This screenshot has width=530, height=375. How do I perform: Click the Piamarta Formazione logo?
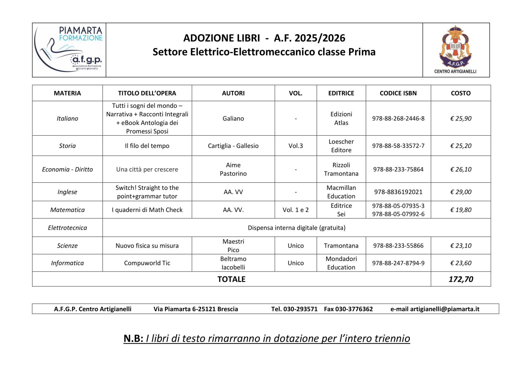pyautogui.click(x=69, y=50)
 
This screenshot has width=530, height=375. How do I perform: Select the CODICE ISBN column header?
pyautogui.click(x=398, y=93)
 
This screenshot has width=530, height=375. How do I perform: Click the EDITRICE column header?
pyautogui.click(x=341, y=93)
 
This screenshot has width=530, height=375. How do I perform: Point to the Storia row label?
pyautogui.click(x=67, y=146)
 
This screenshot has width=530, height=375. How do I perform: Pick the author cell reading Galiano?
pyautogui.click(x=233, y=118)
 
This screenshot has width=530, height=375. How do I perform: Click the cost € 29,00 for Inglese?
pyautogui.click(x=461, y=192)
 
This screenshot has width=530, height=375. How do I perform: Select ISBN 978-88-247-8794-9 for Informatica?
pyautogui.click(x=398, y=263)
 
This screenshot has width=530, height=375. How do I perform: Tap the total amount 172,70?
pyautogui.click(x=461, y=279)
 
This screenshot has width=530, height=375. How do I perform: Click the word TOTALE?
pyautogui.click(x=231, y=279)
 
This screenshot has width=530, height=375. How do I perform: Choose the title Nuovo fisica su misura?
pyautogui.click(x=147, y=246)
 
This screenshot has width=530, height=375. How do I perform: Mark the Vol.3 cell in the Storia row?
pyautogui.click(x=296, y=146)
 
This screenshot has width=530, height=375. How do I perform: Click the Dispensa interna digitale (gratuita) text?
pyautogui.click(x=296, y=228)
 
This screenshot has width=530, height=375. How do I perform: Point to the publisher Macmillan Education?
pyautogui.click(x=341, y=192)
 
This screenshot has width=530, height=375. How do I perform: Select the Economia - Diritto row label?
pyautogui.click(x=67, y=170)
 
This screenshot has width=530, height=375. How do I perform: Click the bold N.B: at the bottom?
pyautogui.click(x=133, y=339)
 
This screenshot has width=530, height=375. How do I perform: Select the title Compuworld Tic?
pyautogui.click(x=147, y=263)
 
